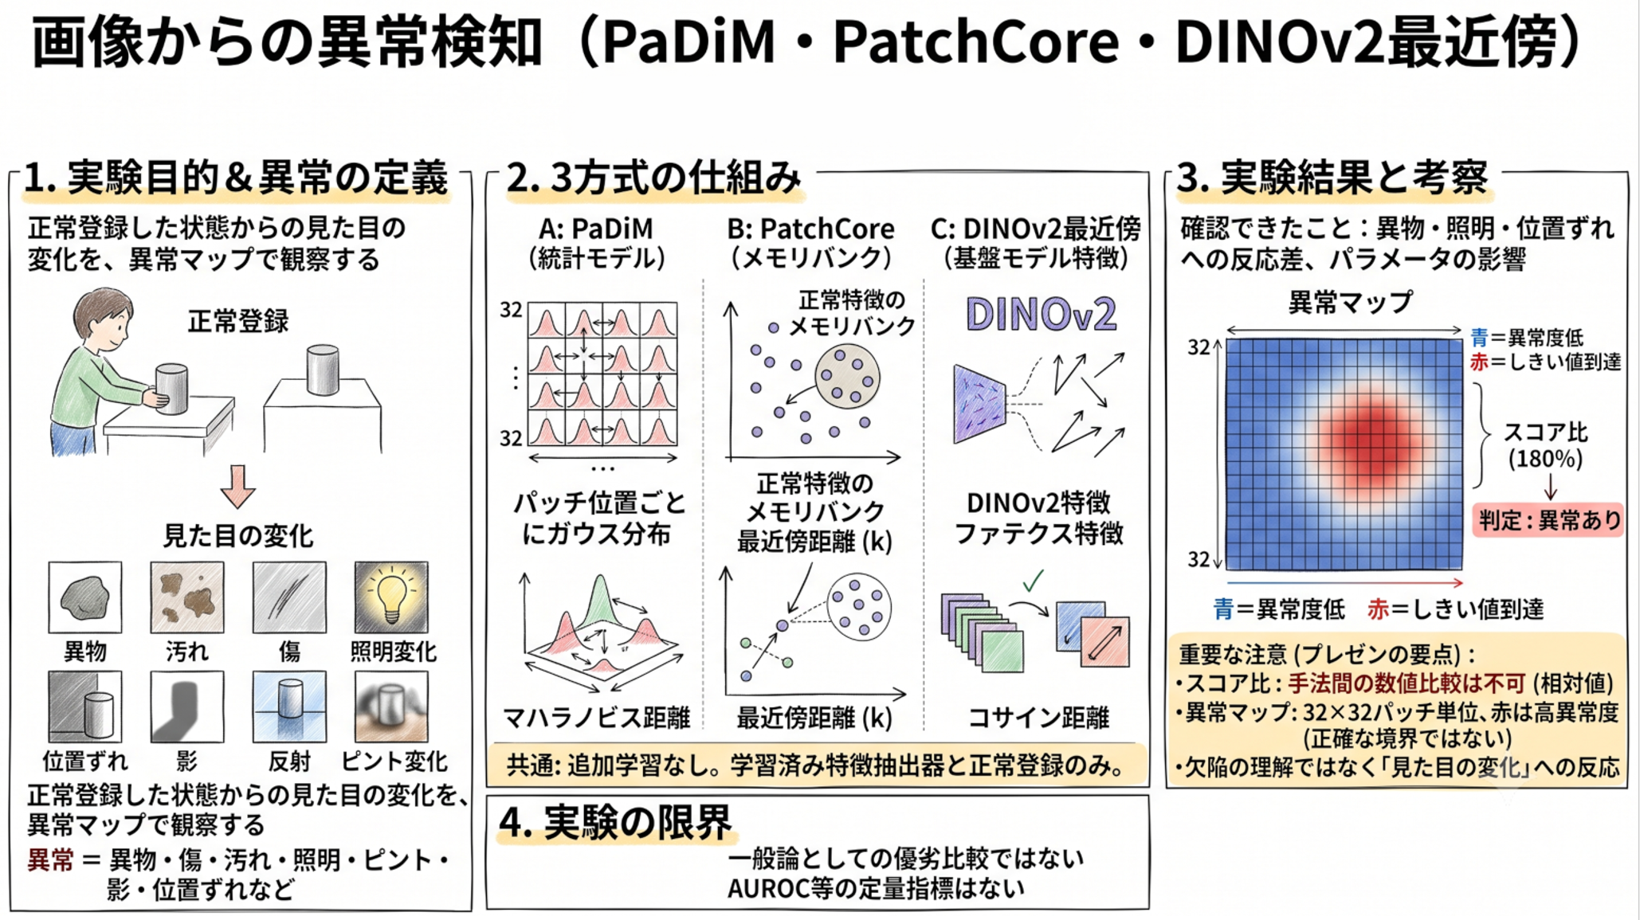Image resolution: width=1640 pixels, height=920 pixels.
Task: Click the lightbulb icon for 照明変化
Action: click(391, 597)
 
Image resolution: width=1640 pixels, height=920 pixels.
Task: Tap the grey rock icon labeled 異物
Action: click(85, 597)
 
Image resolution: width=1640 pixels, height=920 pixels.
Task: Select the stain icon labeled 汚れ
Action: click(187, 597)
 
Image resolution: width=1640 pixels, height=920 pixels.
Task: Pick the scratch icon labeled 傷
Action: click(289, 597)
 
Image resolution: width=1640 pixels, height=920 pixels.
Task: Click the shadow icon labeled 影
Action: click(187, 707)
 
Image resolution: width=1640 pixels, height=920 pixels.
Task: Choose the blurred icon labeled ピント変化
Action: click(391, 707)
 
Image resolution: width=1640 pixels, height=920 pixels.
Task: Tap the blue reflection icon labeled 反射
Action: click(289, 707)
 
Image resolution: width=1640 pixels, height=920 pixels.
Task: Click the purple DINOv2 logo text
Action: click(1041, 314)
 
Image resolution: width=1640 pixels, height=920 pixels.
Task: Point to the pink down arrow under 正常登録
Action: click(237, 486)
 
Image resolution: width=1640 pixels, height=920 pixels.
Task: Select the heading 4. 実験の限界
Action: click(615, 823)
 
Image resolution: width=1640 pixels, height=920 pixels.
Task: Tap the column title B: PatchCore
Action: click(810, 229)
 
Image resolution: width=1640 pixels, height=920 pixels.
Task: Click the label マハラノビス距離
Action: click(597, 718)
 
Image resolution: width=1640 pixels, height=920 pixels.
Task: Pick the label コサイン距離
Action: click(1038, 718)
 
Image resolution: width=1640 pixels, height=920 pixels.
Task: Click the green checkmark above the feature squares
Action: click(1034, 581)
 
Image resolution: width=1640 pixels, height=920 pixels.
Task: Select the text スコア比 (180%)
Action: click(1545, 445)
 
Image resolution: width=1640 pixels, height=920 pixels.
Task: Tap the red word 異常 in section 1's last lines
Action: click(50, 860)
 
